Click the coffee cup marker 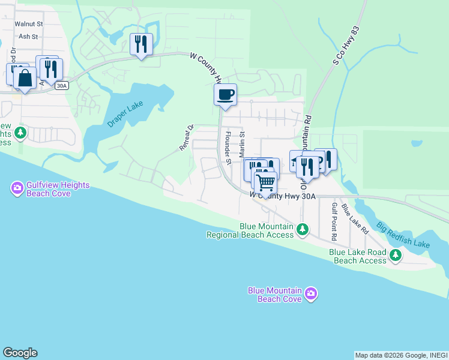[x=225, y=95]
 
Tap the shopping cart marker [x=265, y=182]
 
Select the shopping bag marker [x=25, y=78]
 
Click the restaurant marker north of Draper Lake [x=141, y=44]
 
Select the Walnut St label [x=31, y=24]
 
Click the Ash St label [x=28, y=37]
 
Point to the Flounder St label [x=228, y=146]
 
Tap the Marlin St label [x=242, y=145]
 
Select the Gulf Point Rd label [x=334, y=221]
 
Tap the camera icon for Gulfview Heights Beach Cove [x=17, y=189]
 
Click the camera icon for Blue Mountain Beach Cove [x=310, y=294]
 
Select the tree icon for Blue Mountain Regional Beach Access [x=303, y=229]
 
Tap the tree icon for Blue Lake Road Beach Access [x=395, y=256]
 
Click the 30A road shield [x=61, y=86]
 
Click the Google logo [x=20, y=352]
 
